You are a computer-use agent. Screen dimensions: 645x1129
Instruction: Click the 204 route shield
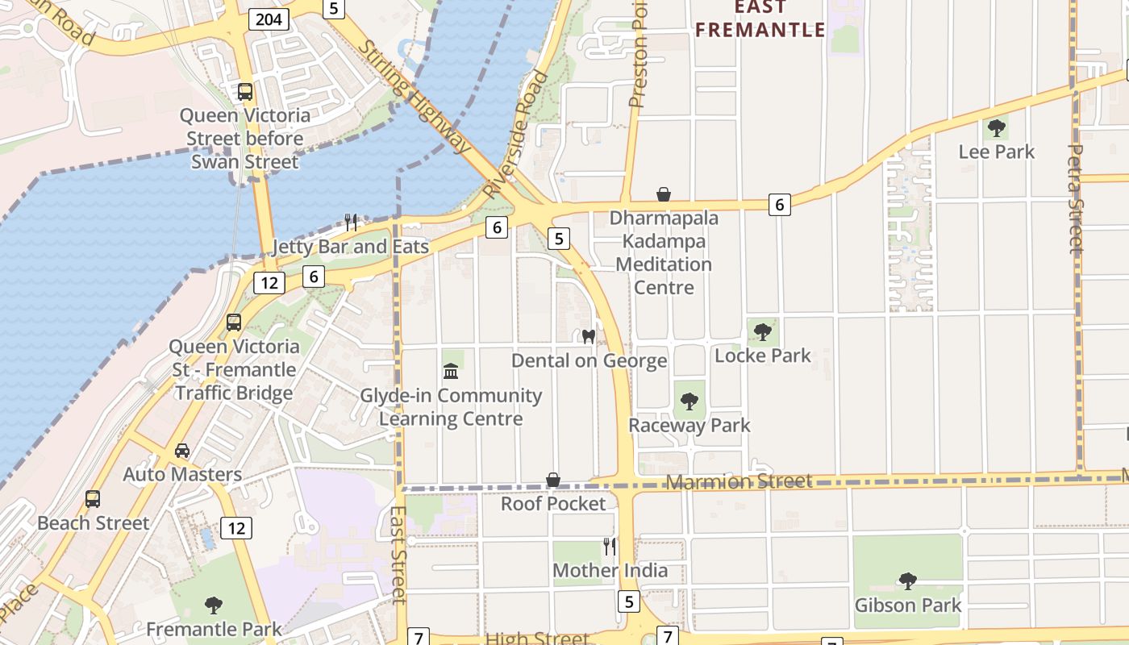[269, 19]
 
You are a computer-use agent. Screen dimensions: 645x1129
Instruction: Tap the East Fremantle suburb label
[760, 19]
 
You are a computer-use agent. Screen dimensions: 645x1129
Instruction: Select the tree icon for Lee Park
[997, 127]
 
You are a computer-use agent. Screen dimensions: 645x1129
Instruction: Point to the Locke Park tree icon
[762, 331]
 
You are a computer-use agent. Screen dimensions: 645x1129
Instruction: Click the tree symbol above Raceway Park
[689, 401]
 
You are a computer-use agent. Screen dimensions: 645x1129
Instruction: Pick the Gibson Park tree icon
[907, 580]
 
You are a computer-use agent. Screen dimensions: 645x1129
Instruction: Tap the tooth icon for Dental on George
[589, 336]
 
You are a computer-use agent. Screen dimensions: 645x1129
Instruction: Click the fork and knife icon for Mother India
[610, 547]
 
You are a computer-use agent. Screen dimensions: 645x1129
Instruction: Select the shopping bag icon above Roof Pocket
[553, 480]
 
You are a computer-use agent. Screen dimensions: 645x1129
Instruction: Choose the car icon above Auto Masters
[182, 451]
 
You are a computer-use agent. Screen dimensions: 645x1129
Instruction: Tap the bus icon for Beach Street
[93, 499]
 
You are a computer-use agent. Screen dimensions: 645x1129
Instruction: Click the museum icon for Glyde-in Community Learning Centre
[451, 372]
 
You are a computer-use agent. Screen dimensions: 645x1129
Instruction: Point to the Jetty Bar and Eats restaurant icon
[351, 222]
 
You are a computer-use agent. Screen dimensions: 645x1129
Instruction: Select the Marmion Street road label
[739, 481]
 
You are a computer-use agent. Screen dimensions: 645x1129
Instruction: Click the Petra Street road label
[1076, 198]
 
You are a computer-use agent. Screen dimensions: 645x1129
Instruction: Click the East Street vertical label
[398, 554]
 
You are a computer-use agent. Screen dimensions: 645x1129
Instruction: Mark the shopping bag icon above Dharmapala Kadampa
[664, 194]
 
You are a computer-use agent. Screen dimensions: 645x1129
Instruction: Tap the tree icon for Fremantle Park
[214, 605]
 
